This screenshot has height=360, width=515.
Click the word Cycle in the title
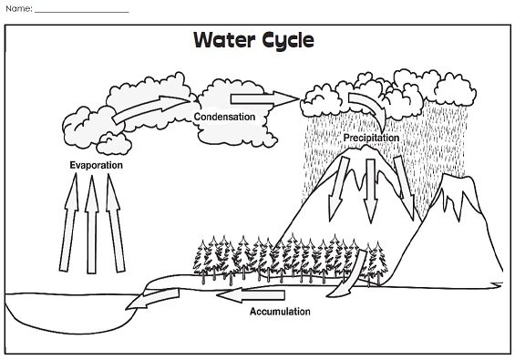point(286,42)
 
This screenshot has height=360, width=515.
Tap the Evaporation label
point(96,166)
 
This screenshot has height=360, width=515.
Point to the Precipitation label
point(371,138)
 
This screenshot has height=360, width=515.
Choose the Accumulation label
point(280,312)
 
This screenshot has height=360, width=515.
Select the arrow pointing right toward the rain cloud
point(264,98)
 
